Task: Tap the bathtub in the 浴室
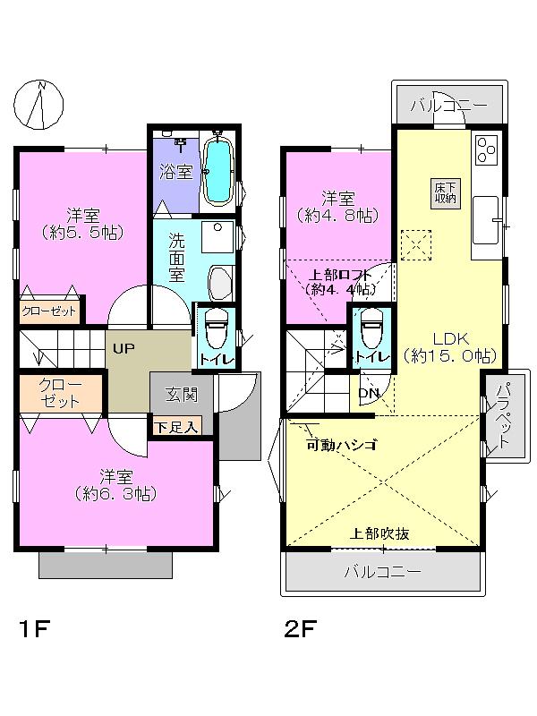217,171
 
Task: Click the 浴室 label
176,171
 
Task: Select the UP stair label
124,348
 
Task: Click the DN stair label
368,392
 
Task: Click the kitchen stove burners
488,149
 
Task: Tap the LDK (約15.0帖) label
445,346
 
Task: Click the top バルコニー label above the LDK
448,107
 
